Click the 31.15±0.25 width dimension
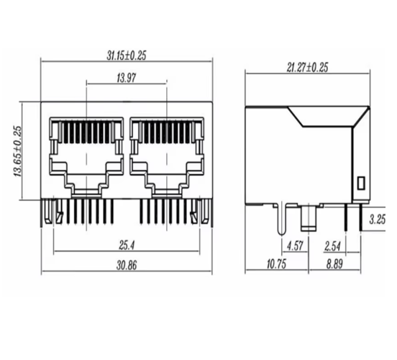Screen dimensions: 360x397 tap(127, 55)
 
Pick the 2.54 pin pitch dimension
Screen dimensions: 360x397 tap(333, 245)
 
